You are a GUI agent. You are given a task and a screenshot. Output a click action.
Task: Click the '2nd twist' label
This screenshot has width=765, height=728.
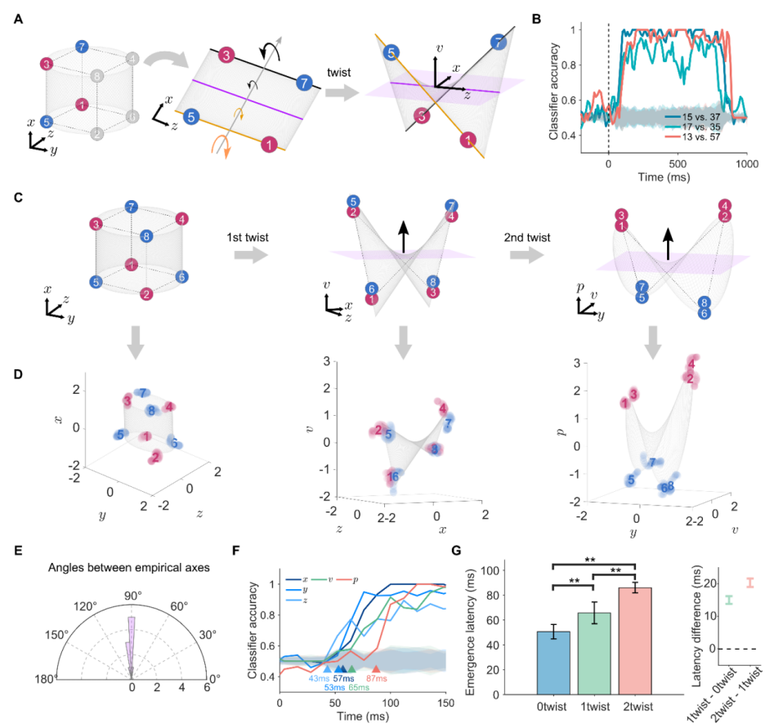point(527,238)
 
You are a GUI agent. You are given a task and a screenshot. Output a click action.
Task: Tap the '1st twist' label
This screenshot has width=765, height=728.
point(248,238)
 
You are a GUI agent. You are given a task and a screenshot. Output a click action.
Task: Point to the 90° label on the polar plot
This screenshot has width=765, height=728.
point(132,590)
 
